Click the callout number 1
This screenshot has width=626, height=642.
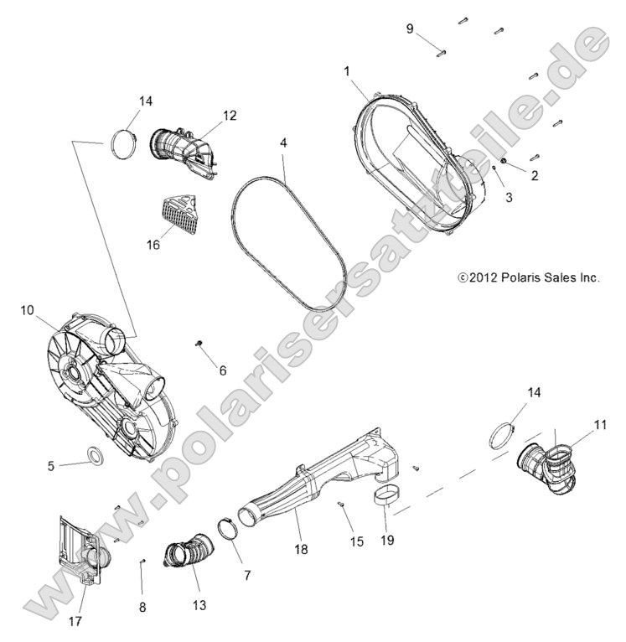[x=346, y=71]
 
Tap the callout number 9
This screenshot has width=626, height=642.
[x=410, y=28]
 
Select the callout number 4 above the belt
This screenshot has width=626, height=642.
[x=284, y=143]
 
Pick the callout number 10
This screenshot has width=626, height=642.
[x=27, y=310]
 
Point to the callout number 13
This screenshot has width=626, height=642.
[x=199, y=604]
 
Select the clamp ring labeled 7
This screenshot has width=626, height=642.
[x=225, y=528]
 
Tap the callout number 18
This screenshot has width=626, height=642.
[x=300, y=549]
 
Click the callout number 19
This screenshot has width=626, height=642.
[x=386, y=541]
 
